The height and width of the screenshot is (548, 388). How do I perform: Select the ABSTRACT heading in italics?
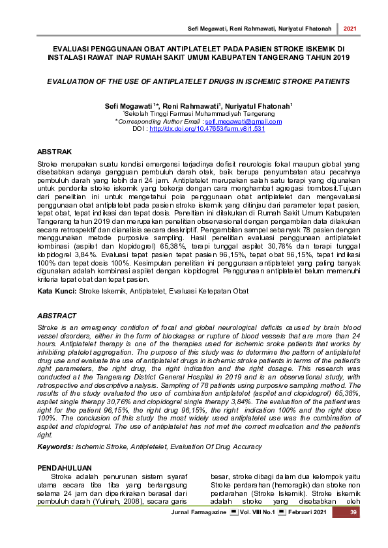[58, 316]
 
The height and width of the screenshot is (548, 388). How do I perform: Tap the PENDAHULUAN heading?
[65, 468]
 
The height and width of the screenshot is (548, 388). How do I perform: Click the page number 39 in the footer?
[353, 514]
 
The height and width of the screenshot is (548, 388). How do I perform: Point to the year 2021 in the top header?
[350, 29]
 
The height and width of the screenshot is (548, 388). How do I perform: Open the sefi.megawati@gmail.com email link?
[243, 122]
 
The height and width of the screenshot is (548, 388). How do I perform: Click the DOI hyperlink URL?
[207, 129]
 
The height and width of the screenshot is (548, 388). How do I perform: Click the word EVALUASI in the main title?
[74, 49]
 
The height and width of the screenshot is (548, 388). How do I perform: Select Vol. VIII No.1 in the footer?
[254, 515]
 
